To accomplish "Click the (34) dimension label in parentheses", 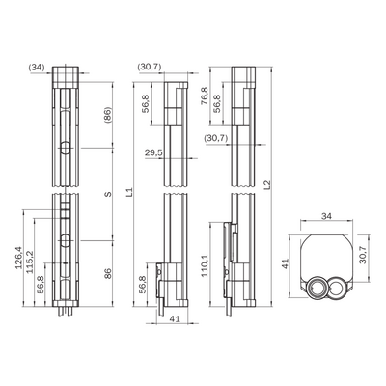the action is click(37, 68).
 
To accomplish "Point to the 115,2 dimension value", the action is click(30, 262).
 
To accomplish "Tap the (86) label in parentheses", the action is click(108, 115).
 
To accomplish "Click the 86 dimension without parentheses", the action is click(108, 273).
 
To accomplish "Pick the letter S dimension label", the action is click(108, 194).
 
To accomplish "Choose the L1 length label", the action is click(129, 192).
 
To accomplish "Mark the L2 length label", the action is click(267, 185).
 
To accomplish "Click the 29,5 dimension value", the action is click(153, 152).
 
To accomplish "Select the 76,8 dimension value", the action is click(204, 96).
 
